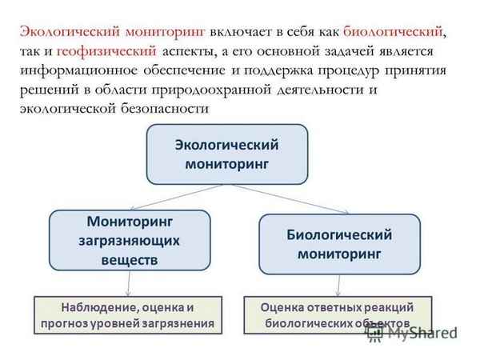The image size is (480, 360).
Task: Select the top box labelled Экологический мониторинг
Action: [226, 154]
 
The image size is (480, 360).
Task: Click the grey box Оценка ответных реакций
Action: [337, 314]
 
